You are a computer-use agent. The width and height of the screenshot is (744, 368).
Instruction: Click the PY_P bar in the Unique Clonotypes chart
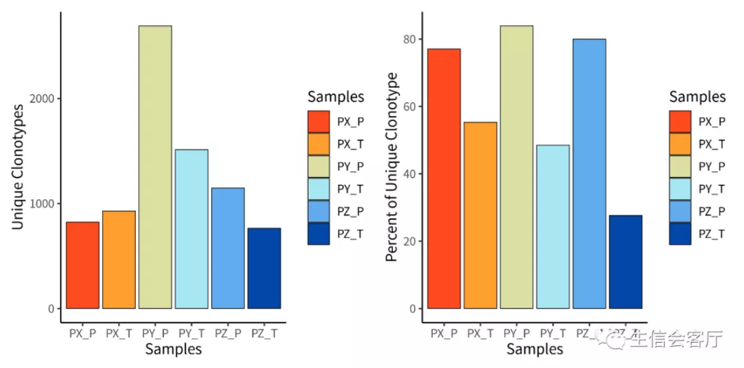coord(155,167)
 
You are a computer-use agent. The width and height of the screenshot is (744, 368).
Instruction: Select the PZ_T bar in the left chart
coord(264,268)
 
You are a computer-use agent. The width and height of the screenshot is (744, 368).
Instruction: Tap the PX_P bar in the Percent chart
coord(444,178)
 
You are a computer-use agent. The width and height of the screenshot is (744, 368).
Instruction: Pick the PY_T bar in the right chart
coord(553,227)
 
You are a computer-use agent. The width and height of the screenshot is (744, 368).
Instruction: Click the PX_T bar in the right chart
coord(480,216)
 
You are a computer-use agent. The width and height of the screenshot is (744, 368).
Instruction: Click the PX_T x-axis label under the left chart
coord(119,333)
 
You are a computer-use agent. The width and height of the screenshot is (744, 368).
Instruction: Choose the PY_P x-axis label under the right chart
coord(517,333)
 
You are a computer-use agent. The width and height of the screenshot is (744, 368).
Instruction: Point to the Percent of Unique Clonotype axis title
coord(392,167)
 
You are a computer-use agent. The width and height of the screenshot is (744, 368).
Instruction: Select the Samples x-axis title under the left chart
coord(173,348)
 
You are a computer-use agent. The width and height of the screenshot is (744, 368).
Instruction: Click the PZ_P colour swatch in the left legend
coord(319,211)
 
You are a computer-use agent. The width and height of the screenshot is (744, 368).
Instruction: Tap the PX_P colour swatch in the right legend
coord(680,121)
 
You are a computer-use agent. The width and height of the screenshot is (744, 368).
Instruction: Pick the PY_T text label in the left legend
coord(350,189)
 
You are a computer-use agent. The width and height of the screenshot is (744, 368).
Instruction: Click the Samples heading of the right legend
coord(697,97)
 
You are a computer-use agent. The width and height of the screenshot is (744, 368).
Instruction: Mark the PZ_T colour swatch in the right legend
coord(680,234)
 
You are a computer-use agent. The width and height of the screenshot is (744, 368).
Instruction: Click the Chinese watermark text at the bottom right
coord(672,339)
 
